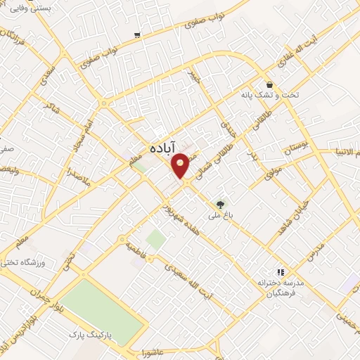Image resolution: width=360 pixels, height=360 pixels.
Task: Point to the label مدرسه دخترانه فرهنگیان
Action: (280, 287)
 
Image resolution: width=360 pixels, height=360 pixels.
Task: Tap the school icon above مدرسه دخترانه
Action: (280, 271)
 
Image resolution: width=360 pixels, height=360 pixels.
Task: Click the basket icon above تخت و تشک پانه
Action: (270, 85)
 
